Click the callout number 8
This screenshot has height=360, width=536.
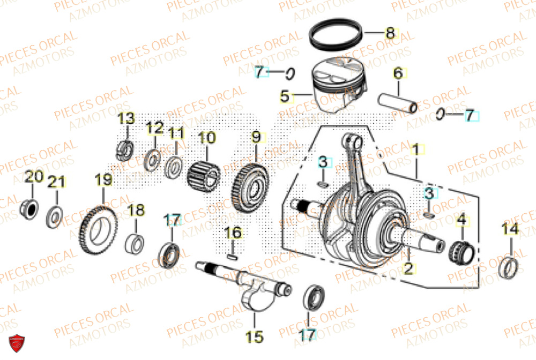coord(390,33)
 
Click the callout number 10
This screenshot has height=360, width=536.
coord(207,138)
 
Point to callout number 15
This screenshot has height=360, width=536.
coord(254,337)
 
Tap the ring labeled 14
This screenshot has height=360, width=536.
coord(509,267)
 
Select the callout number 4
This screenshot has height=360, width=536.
coord(460,219)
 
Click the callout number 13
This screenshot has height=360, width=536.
coord(127,118)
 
